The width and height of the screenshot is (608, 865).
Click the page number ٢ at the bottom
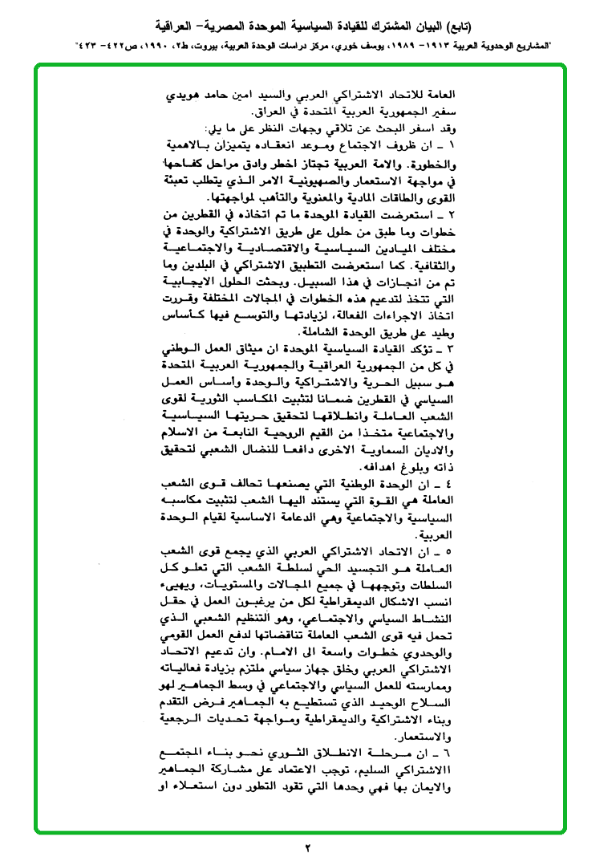point(306,848)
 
